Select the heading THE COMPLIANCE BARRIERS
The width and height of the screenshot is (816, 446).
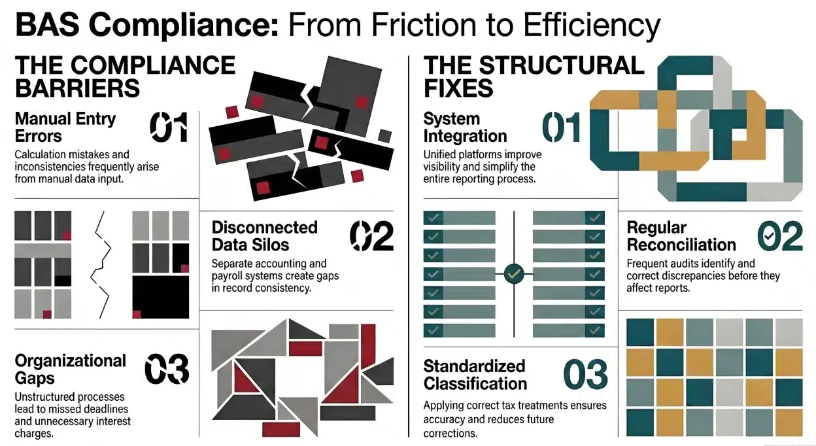(x=125, y=76)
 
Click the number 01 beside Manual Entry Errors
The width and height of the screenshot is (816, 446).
(x=169, y=128)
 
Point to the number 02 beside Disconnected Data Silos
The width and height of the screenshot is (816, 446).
(x=371, y=236)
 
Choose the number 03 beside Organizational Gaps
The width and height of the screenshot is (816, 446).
(x=167, y=369)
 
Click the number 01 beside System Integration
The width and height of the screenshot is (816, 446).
(x=562, y=128)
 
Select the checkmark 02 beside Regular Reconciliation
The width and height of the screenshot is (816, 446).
(x=780, y=236)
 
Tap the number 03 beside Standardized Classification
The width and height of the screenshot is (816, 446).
(x=585, y=374)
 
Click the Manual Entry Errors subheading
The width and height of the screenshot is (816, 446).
(x=65, y=128)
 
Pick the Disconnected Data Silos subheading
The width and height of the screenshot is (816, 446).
(x=264, y=236)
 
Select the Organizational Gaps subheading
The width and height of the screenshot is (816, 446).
(x=70, y=369)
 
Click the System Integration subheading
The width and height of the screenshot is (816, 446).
(x=465, y=128)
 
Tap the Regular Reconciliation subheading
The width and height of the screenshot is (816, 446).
(x=681, y=236)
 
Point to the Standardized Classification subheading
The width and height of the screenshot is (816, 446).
(x=475, y=374)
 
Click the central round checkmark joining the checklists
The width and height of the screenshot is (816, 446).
(x=515, y=273)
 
